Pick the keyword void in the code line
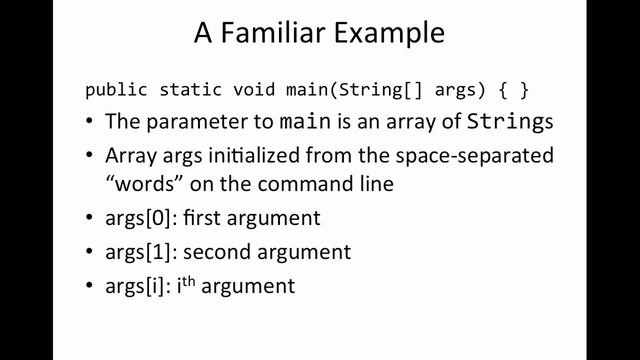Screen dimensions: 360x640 249,89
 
